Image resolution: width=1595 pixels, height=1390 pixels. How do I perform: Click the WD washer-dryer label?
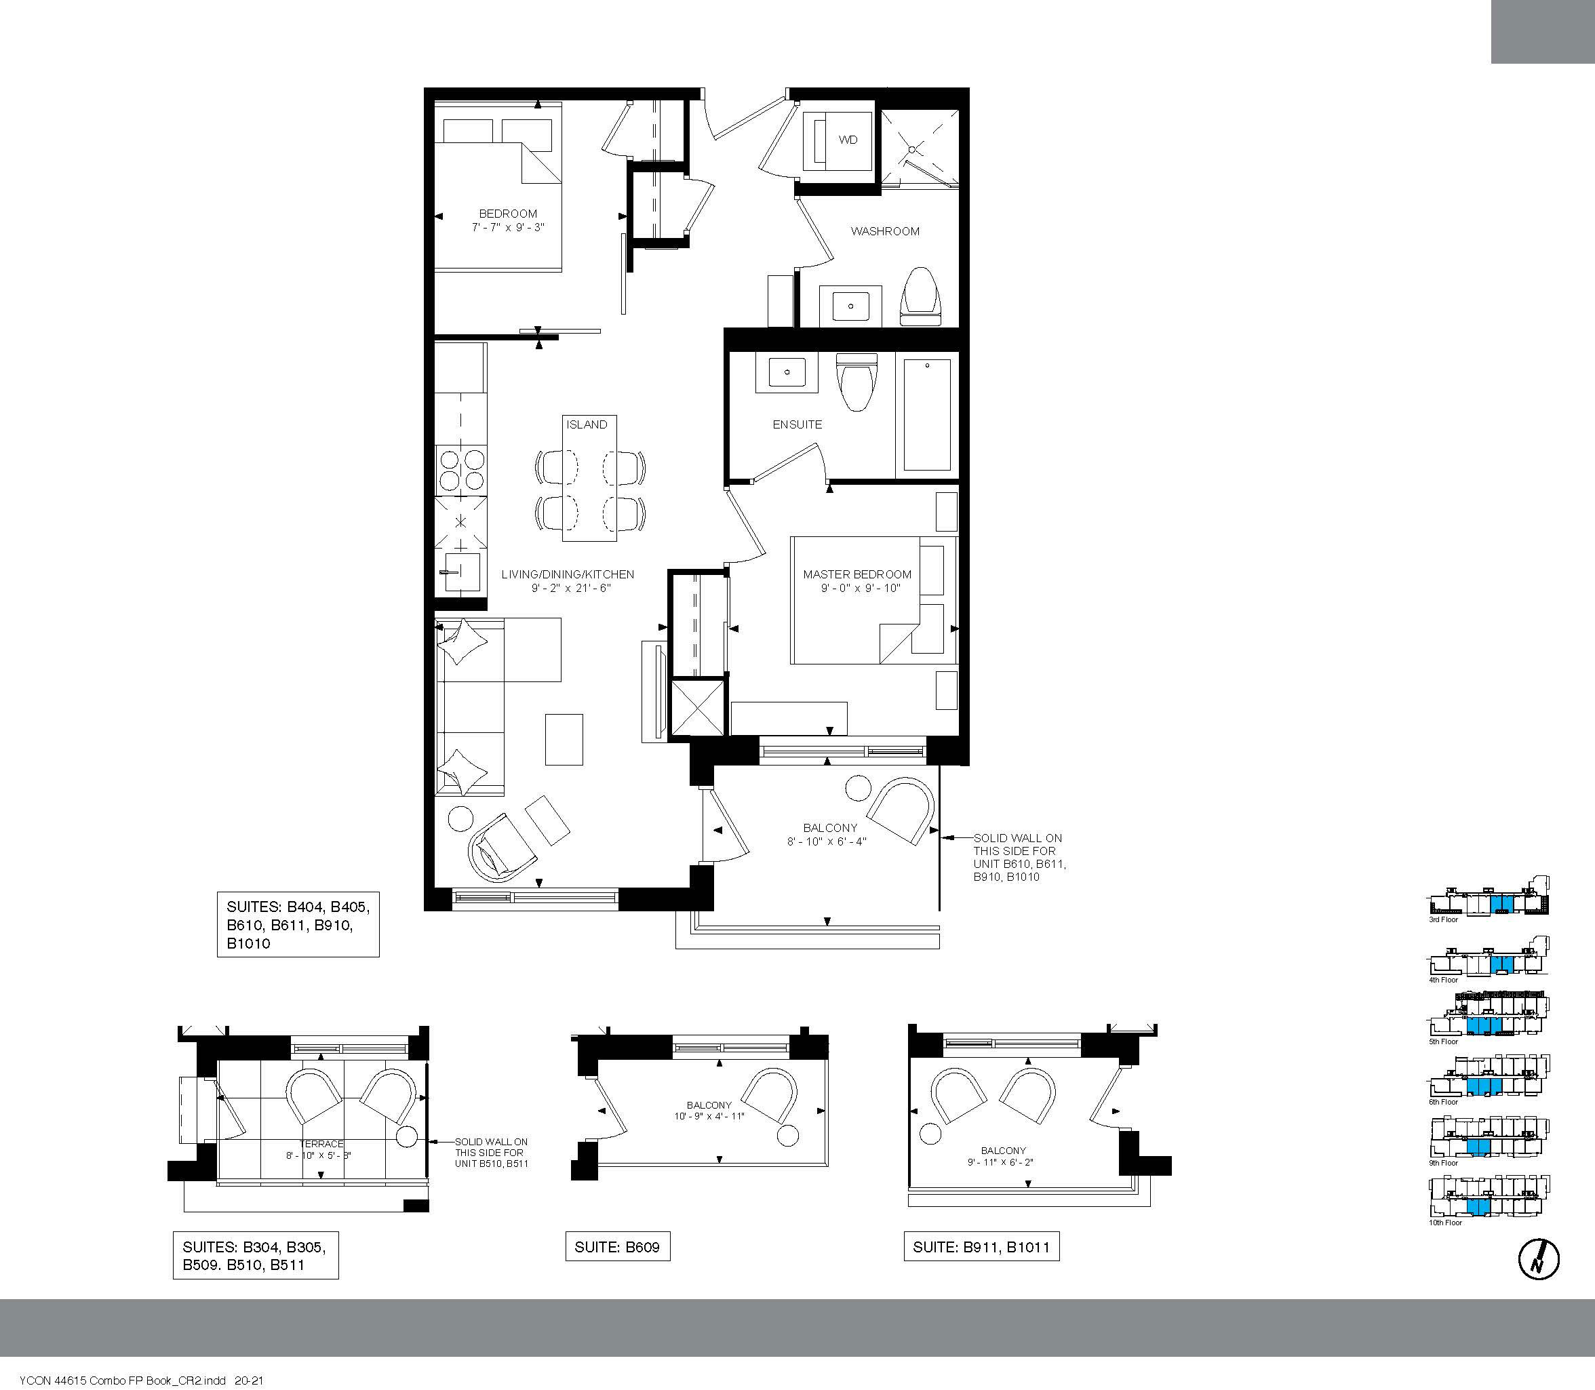[x=848, y=140]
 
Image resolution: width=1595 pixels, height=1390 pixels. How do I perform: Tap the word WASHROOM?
[x=885, y=231]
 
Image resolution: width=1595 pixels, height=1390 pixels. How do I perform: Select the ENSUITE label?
[x=797, y=424]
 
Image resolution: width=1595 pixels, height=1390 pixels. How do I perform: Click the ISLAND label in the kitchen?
[x=587, y=424]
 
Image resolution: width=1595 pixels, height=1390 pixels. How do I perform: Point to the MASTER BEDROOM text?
[x=857, y=574]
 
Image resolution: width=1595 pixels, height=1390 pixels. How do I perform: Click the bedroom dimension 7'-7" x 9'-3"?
[x=508, y=227]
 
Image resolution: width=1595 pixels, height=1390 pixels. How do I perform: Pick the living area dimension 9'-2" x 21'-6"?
[x=567, y=588]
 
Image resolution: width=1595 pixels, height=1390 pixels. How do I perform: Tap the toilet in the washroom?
[x=921, y=297]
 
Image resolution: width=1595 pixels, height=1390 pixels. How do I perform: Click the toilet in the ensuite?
[x=856, y=382]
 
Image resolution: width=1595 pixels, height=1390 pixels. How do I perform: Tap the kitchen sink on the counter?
[x=458, y=572]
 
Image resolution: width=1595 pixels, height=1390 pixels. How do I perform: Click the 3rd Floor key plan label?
[x=1444, y=920]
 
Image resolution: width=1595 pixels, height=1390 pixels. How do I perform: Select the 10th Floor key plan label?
[x=1445, y=1223]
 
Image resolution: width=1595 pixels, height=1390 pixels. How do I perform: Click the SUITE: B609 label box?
[x=618, y=1248]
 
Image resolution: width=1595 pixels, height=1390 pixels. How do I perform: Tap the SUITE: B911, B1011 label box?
[x=981, y=1248]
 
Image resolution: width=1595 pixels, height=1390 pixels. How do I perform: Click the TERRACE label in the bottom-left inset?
[x=321, y=1144]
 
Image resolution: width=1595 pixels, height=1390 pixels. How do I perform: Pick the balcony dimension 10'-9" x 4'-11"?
[x=709, y=1116]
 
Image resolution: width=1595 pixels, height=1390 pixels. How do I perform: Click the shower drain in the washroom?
[x=913, y=149]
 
